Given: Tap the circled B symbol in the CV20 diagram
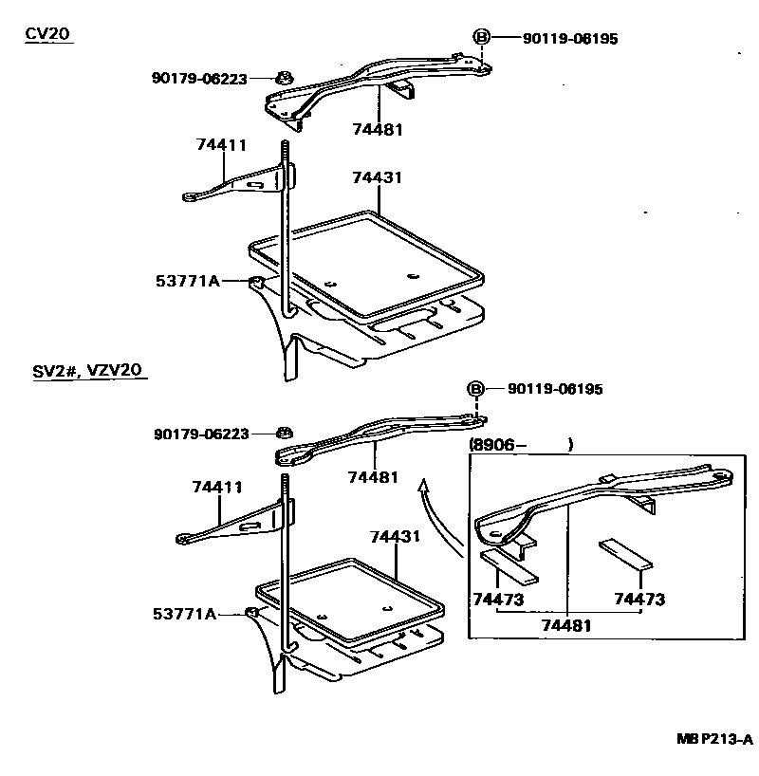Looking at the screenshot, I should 481,38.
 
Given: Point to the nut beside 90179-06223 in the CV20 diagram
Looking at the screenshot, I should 283,78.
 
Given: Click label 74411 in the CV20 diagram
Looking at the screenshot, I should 221,145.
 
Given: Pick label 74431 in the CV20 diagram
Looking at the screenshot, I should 377,178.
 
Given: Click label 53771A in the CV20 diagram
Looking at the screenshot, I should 187,281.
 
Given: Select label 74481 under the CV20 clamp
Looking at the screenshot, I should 378,129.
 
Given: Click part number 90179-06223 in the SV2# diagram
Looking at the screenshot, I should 201,434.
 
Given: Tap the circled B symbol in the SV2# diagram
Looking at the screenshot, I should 475,390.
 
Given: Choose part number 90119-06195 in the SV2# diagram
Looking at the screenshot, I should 555,390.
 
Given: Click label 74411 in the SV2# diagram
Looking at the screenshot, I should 217,487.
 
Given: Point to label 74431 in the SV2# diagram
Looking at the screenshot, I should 395,537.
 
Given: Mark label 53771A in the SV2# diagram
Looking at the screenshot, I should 184,615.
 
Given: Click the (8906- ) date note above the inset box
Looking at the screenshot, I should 521,443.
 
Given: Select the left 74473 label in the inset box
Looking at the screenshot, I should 498,600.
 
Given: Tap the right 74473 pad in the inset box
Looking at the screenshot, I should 625,553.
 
